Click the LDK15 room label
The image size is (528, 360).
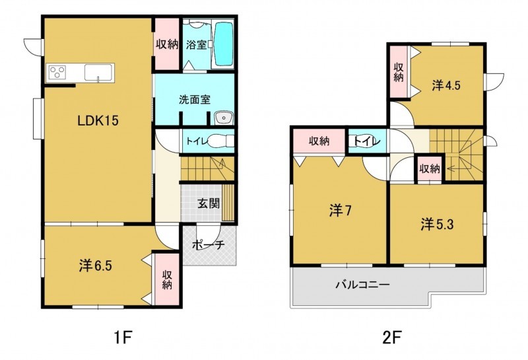(x=98, y=120)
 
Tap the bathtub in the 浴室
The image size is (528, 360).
(x=224, y=44)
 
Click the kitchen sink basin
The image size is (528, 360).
(x=98, y=73)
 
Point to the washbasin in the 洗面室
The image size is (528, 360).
(x=224, y=118)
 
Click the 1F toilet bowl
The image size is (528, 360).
(x=220, y=141)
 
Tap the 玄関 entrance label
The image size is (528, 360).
(x=209, y=203)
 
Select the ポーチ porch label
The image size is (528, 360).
(x=208, y=245)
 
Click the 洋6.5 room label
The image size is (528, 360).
(x=96, y=266)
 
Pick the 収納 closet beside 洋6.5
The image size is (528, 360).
(x=167, y=280)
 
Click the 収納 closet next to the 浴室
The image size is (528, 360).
(x=167, y=44)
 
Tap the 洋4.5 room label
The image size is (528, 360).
(x=446, y=86)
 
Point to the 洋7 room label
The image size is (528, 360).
(x=341, y=211)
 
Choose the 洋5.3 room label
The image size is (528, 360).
(x=437, y=225)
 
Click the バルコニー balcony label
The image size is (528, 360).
(x=362, y=285)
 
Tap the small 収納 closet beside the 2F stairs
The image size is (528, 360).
(x=430, y=168)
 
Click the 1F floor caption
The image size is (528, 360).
(x=122, y=338)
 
